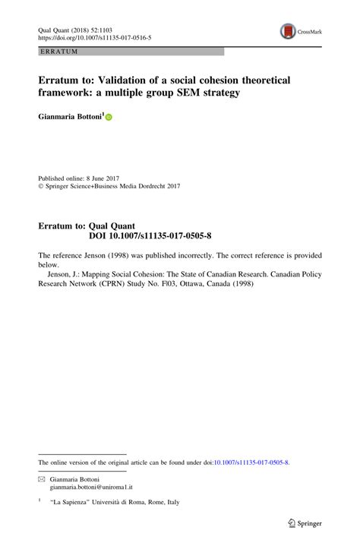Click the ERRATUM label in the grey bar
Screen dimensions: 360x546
pos(58,51)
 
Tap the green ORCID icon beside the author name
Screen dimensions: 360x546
pos(109,118)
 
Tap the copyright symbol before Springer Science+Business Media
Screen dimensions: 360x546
pos(41,185)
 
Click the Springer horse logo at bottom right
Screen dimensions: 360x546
pos(291,523)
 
